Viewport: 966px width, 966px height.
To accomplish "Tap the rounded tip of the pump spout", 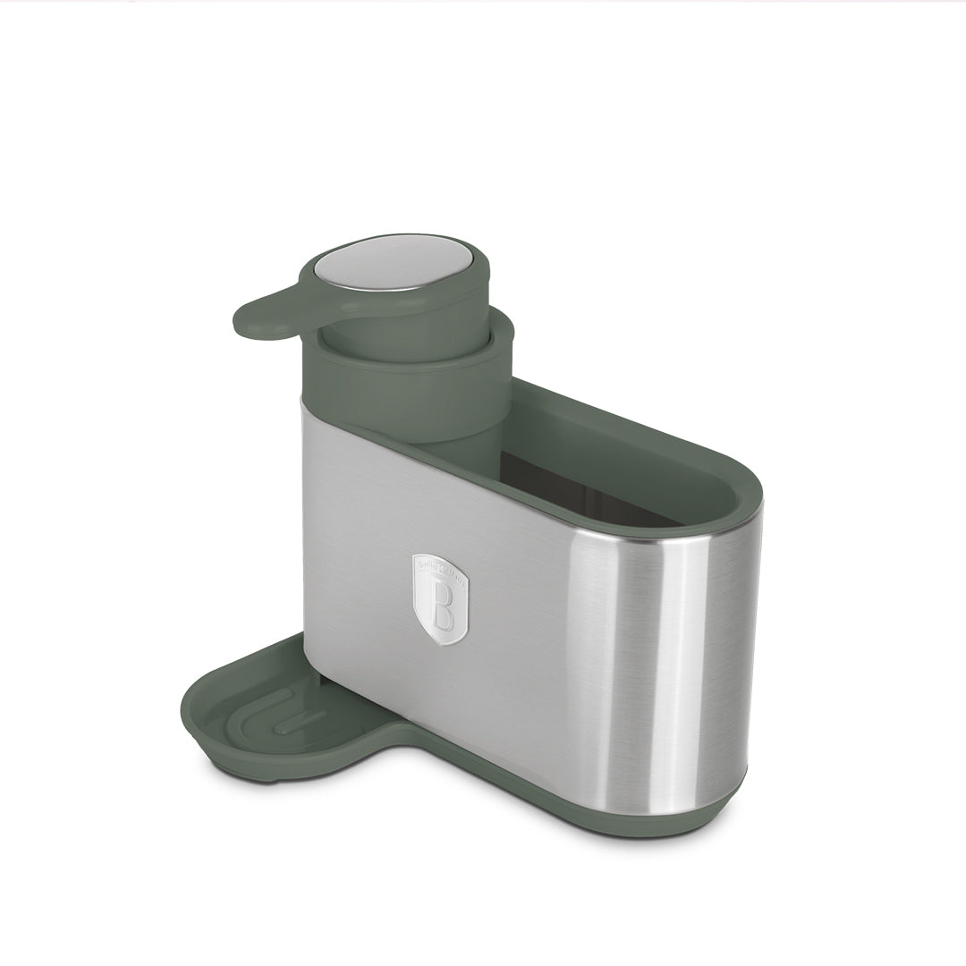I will click(x=249, y=324).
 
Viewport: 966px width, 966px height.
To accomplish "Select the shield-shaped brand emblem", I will click(x=440, y=599).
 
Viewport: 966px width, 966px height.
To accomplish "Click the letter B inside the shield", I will click(x=441, y=607).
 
